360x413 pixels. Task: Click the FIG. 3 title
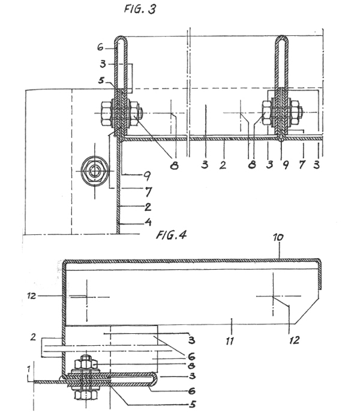click(x=140, y=9)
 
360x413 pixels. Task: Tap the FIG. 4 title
click(x=172, y=234)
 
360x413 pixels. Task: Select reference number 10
click(x=278, y=237)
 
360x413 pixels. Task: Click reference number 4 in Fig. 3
click(x=148, y=222)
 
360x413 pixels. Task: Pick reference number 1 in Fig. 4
click(x=29, y=369)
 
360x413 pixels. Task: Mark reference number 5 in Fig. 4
click(x=193, y=404)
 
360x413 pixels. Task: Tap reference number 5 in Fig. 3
click(x=101, y=80)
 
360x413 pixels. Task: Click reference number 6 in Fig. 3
click(x=100, y=47)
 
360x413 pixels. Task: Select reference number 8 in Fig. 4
click(x=192, y=366)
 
